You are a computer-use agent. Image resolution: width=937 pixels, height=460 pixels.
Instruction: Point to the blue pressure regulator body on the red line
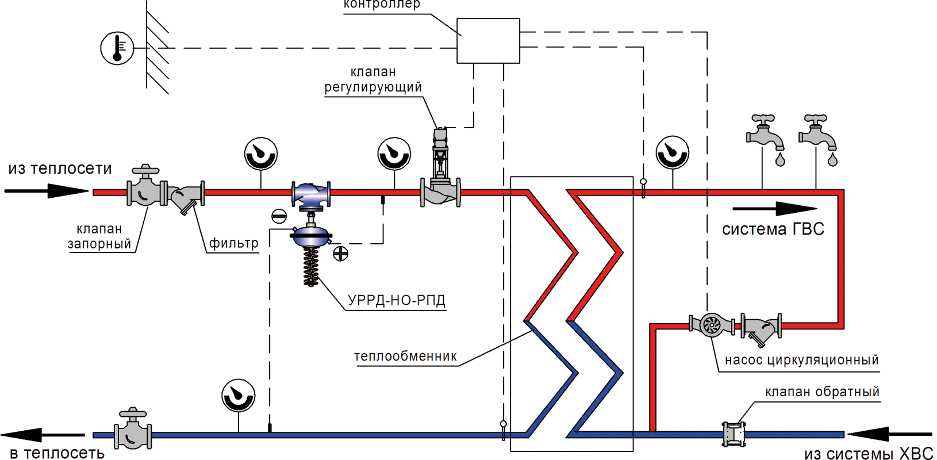click(311, 194)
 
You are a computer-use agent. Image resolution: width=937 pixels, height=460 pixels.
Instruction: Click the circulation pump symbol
click(712, 325)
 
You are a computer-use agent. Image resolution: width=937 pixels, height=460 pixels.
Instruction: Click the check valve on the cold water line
click(729, 434)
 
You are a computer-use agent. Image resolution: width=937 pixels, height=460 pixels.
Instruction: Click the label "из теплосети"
click(60, 168)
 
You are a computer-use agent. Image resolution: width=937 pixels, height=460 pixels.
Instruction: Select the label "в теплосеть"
click(57, 453)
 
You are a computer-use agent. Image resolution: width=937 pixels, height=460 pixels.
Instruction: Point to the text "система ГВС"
click(773, 229)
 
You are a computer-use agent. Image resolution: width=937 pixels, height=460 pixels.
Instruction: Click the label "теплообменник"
click(405, 356)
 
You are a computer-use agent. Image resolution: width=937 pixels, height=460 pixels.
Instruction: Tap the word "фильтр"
click(233, 243)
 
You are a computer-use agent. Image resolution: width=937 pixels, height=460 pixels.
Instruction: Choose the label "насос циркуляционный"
click(801, 360)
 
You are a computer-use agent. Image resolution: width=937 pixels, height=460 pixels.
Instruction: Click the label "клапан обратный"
click(822, 392)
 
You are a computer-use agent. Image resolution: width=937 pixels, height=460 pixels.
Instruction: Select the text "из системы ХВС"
click(869, 454)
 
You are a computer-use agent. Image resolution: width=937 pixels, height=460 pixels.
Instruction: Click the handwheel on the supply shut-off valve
click(145, 170)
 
